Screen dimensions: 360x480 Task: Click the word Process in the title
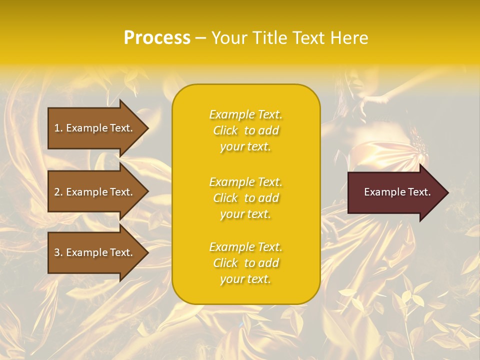(157, 38)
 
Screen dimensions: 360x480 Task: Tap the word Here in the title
(349, 38)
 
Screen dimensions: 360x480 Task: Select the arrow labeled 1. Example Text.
(95, 128)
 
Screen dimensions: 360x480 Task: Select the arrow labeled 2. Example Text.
(95, 192)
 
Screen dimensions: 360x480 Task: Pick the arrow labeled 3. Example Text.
(95, 252)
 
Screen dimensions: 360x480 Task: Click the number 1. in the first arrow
(58, 128)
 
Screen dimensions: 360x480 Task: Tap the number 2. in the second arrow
(58, 192)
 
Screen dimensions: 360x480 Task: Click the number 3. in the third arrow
(58, 252)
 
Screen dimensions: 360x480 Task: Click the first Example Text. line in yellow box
(245, 115)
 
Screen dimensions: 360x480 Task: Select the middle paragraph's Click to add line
(245, 198)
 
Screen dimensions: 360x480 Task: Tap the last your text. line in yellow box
(245, 279)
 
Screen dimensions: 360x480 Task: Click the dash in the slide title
(200, 38)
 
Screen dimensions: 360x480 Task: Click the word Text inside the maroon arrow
(419, 192)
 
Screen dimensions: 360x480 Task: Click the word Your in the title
(227, 38)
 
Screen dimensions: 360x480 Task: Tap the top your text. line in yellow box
(245, 147)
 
